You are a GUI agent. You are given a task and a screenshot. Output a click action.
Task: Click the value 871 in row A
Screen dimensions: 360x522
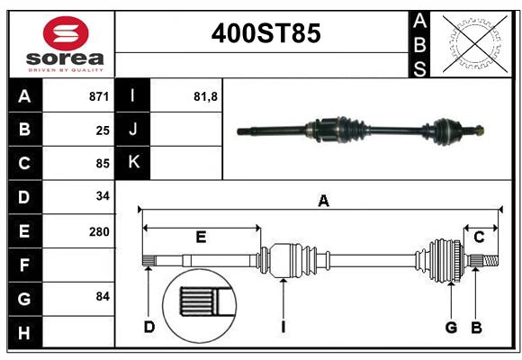tap(99, 96)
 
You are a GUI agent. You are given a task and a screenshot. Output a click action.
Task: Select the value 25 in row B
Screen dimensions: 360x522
tap(103, 130)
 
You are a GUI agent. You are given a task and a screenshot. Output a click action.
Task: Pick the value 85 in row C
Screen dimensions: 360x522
tap(103, 164)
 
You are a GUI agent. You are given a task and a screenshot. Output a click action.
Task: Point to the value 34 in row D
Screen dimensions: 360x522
tap(103, 196)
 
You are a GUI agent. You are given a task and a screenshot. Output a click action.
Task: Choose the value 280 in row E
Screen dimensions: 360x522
tap(99, 231)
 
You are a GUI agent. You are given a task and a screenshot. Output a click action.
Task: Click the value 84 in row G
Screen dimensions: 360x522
tap(103, 296)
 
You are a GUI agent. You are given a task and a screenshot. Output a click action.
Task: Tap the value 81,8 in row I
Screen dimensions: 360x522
tap(206, 96)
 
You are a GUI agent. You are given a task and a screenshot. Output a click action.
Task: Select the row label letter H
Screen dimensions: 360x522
tap(24, 333)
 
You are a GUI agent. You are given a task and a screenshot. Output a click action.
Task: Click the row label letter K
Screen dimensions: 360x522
tap(133, 163)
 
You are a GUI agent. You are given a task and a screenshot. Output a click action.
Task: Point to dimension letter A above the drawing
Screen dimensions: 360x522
tap(323, 202)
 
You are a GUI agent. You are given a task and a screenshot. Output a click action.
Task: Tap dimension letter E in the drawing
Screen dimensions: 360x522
tap(201, 238)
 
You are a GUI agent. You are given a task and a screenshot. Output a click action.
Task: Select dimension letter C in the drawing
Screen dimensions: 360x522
tap(480, 238)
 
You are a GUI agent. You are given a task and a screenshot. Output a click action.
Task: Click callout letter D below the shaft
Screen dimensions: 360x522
tap(149, 326)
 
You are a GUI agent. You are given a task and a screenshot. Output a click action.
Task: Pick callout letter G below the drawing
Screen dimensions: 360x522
tap(451, 326)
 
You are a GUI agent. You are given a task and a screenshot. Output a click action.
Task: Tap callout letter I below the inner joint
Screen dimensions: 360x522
tap(283, 326)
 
